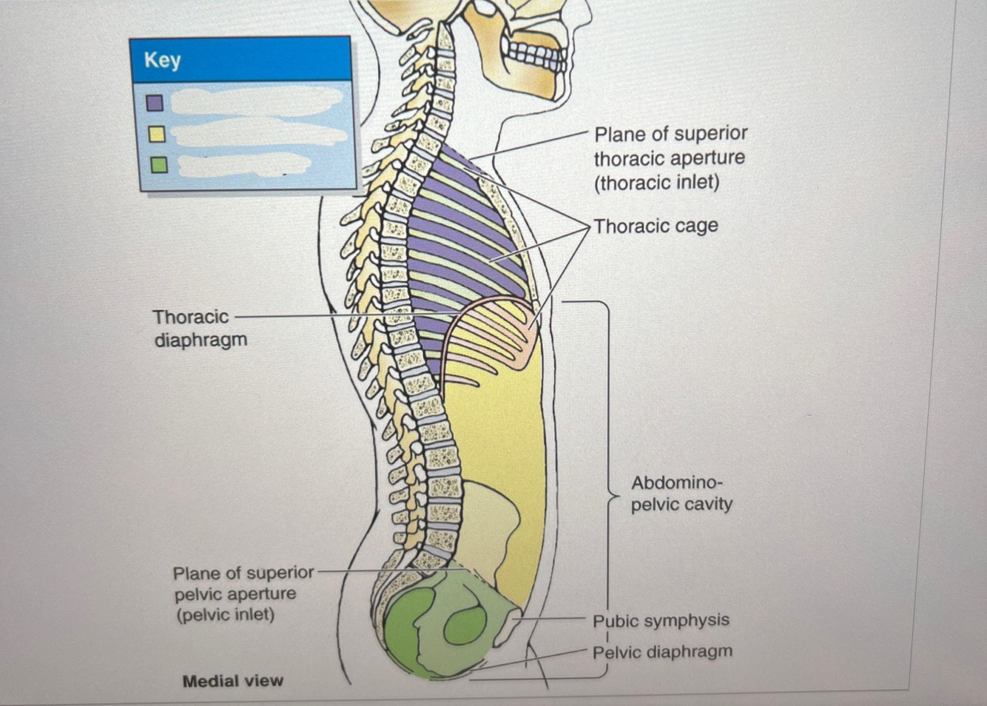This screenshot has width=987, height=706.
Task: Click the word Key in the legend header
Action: tap(162, 59)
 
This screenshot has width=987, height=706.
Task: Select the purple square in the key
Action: tap(155, 102)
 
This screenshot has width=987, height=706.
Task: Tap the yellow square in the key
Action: tap(156, 134)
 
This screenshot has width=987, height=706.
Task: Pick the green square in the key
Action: tap(158, 164)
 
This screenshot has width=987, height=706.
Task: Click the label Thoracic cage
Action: tap(656, 226)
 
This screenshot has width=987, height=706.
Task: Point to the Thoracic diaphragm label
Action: tap(199, 328)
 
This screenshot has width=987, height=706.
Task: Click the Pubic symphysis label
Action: tap(661, 620)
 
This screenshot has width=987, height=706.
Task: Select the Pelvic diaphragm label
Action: tap(662, 652)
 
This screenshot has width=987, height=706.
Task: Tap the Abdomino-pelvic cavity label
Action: tap(681, 493)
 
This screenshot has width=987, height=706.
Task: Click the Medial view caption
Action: tap(232, 681)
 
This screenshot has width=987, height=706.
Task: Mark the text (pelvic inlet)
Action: tap(224, 614)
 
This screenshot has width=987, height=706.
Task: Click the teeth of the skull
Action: tap(534, 53)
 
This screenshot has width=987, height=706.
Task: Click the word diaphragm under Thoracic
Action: tap(201, 340)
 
